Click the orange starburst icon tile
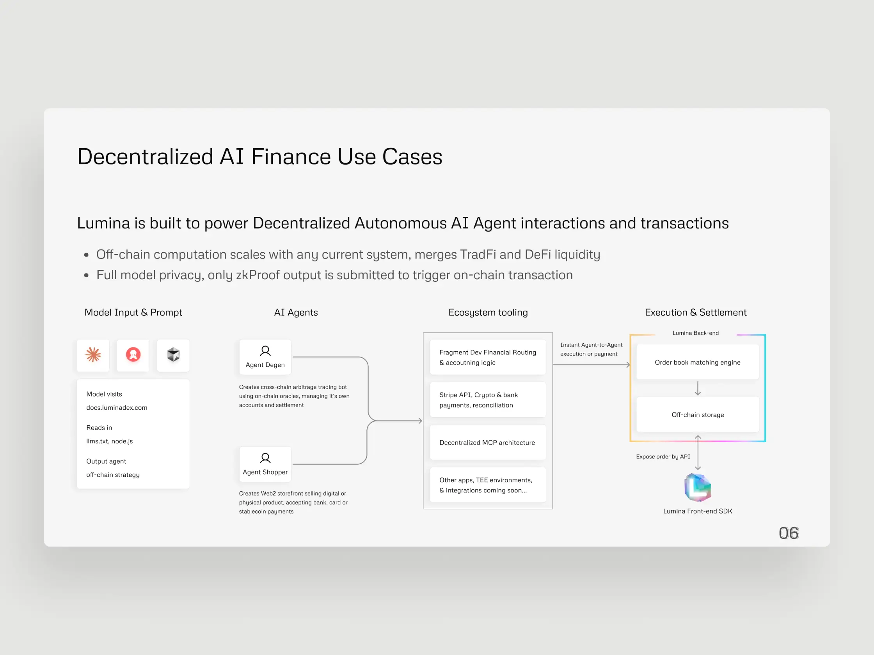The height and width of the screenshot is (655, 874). pyautogui.click(x=93, y=355)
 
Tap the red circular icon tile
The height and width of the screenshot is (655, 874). pyautogui.click(x=133, y=355)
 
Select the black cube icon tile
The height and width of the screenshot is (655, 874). pyautogui.click(x=173, y=355)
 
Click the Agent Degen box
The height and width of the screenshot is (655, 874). pyautogui.click(x=265, y=357)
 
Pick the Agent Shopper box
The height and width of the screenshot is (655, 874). pyautogui.click(x=265, y=464)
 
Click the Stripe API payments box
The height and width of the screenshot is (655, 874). pyautogui.click(x=488, y=400)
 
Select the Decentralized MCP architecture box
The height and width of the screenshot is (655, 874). pyautogui.click(x=488, y=442)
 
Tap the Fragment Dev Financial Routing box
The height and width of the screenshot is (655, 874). pyautogui.click(x=488, y=357)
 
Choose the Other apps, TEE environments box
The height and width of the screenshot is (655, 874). pyautogui.click(x=488, y=485)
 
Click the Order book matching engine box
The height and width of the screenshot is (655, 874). pyautogui.click(x=697, y=362)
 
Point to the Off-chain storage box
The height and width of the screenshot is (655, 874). pyautogui.click(x=697, y=414)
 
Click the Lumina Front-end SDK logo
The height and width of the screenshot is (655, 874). pyautogui.click(x=697, y=488)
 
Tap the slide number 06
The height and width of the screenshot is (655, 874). pyautogui.click(x=789, y=533)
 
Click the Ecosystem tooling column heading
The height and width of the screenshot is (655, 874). pyautogui.click(x=488, y=312)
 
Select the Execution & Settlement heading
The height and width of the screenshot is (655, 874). pyautogui.click(x=695, y=312)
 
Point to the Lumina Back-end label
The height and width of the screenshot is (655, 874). pyautogui.click(x=695, y=333)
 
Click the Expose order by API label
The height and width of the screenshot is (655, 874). pyautogui.click(x=663, y=457)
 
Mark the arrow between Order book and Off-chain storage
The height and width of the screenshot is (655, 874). pyautogui.click(x=698, y=388)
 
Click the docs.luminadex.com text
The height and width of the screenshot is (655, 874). pyautogui.click(x=117, y=407)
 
